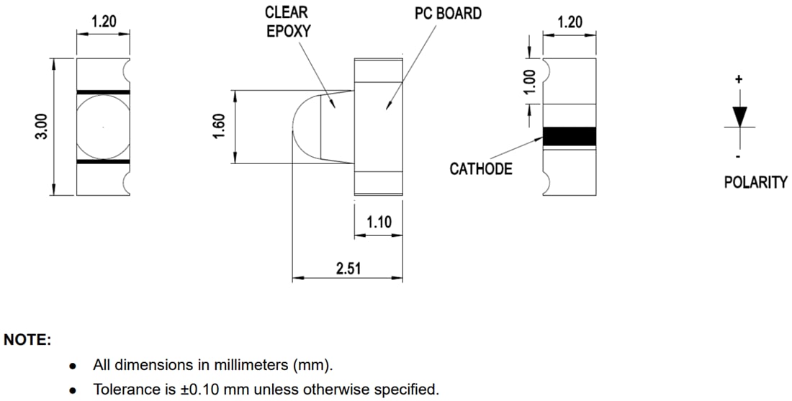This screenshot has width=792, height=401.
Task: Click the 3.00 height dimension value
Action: click(42, 127)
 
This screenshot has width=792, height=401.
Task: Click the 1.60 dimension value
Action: click(221, 127)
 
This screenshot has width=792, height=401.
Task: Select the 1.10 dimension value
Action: click(379, 222)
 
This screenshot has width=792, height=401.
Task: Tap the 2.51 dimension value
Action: click(348, 269)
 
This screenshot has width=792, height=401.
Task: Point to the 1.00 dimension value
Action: click(531, 81)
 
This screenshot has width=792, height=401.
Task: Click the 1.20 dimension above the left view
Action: click(104, 22)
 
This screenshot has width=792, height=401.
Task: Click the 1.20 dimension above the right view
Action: click(570, 22)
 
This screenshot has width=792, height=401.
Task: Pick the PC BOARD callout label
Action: click(448, 14)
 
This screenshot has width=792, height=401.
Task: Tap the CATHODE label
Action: click(481, 169)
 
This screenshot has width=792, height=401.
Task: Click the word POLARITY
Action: click(755, 183)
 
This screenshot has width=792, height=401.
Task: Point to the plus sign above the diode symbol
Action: click(739, 79)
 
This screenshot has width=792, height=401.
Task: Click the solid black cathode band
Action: click(570, 136)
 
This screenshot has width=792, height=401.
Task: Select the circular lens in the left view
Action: click(103, 127)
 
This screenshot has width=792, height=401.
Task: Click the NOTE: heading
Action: click(27, 340)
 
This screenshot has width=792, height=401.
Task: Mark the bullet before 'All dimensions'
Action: click(73, 366)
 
